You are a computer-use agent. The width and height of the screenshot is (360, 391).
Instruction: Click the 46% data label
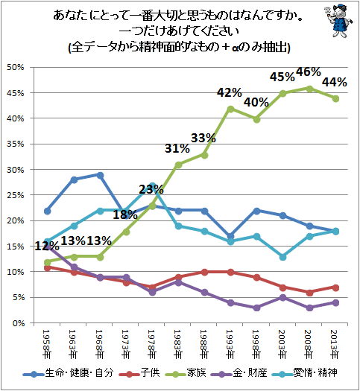309,72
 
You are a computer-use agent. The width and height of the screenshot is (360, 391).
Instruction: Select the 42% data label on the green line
230,92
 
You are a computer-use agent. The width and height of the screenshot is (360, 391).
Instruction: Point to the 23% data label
151,189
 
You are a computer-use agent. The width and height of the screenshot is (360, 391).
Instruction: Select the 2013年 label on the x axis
335,343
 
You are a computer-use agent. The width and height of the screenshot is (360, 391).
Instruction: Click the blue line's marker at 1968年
100,174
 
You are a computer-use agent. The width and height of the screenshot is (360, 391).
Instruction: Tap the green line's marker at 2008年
309,88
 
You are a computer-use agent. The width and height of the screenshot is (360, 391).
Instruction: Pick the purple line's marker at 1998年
256,308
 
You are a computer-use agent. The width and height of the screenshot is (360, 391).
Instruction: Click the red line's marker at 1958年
48,267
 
